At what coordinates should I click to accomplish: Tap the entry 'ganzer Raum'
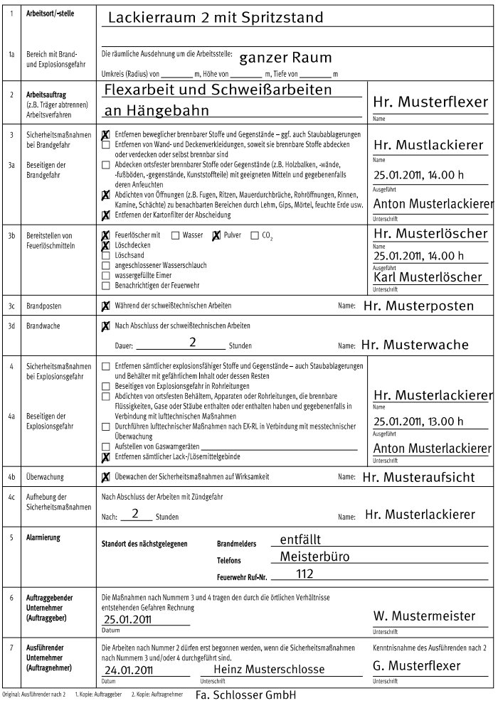pos(285,58)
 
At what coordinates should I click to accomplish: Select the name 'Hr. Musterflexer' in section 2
pos(430,102)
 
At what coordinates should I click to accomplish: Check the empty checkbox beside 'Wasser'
pos(175,235)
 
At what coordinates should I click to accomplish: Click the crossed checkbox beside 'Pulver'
pos(216,235)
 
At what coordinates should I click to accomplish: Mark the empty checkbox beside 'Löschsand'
pos(106,254)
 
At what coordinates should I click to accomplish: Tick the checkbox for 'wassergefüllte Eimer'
pos(106,275)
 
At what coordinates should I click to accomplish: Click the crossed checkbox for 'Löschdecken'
pos(106,245)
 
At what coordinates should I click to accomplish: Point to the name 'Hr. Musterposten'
pos(418,306)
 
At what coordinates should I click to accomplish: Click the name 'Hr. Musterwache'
pos(415,345)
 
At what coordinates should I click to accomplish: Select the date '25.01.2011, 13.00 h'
pos(418,421)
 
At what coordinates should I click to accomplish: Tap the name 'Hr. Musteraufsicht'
pos(418,477)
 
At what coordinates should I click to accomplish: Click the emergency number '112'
pos(304,574)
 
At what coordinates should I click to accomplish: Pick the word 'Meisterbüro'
pos(314,557)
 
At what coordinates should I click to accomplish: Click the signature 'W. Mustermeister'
pos(424,616)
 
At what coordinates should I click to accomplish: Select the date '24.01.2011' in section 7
pos(128,670)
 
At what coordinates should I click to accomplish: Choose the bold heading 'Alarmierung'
pos(43,538)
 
